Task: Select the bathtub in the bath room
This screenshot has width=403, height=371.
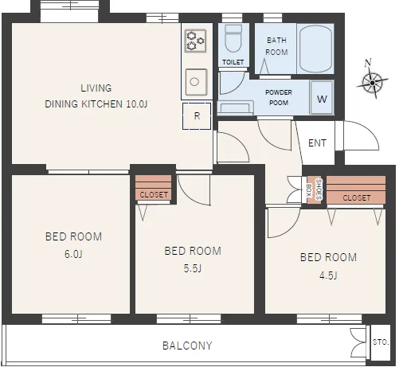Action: [315, 49]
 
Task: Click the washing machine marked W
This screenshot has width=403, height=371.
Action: [322, 98]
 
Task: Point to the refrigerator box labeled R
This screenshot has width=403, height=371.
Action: [197, 116]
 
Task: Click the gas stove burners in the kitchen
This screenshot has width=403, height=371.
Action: [195, 41]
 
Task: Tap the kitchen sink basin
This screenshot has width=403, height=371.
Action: [196, 82]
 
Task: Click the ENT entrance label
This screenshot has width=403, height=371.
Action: [317, 143]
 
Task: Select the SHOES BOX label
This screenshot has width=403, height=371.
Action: [314, 189]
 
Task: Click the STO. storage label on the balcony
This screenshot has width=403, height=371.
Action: [381, 342]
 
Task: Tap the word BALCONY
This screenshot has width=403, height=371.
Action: [187, 346]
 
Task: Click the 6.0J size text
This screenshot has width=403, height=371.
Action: [73, 254]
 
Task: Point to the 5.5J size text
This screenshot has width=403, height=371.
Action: [193, 268]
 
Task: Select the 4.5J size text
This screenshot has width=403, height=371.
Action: [328, 275]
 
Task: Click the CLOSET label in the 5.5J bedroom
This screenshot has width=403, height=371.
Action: [154, 195]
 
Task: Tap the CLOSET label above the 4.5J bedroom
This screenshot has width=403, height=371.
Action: [356, 197]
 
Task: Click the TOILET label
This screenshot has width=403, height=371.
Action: [233, 62]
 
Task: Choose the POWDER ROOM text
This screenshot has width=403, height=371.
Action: [279, 97]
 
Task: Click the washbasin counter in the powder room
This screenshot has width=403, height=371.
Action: [235, 107]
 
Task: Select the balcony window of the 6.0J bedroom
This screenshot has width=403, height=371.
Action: [76, 318]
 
